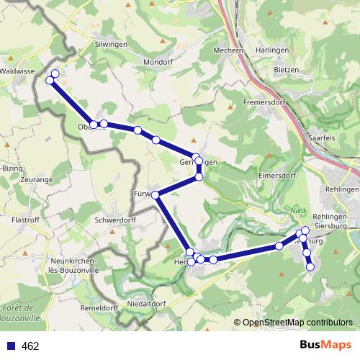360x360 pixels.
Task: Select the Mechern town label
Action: coord(230,50)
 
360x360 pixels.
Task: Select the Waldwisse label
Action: coord(18,72)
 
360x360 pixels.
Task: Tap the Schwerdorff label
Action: coord(115,220)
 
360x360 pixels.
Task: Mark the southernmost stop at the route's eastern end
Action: coord(311,267)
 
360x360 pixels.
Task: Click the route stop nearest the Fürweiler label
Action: coord(156,194)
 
